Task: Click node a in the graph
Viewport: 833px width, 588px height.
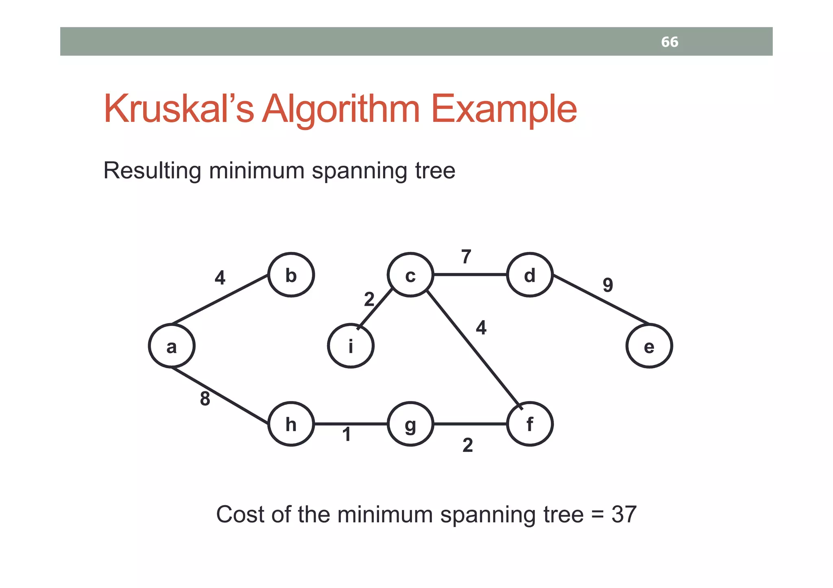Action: (x=172, y=346)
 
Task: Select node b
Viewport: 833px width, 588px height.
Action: (x=291, y=275)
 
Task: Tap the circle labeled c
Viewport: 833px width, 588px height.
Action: (x=410, y=275)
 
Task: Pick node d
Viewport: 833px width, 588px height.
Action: (x=530, y=275)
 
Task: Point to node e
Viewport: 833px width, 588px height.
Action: (x=649, y=346)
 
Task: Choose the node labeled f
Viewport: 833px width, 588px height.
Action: (x=530, y=424)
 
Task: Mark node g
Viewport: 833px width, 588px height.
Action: (x=410, y=424)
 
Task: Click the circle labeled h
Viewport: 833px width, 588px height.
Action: (x=291, y=424)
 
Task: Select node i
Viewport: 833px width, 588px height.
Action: (x=351, y=346)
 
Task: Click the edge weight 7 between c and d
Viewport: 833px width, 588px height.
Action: (x=466, y=257)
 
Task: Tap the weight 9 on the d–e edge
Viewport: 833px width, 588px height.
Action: (x=608, y=285)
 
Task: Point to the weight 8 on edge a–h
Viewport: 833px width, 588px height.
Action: (x=205, y=399)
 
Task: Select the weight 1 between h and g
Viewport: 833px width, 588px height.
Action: (x=347, y=434)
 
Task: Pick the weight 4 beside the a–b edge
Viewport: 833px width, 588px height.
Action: (x=220, y=278)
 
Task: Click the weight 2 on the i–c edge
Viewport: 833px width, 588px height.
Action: (x=369, y=299)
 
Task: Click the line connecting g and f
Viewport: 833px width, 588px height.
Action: (x=470, y=424)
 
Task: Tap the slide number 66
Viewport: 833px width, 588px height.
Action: (x=669, y=42)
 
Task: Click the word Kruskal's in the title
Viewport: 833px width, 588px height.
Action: (x=179, y=109)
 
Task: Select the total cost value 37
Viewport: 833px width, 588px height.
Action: (x=624, y=514)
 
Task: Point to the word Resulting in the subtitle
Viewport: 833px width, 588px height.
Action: (x=152, y=171)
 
